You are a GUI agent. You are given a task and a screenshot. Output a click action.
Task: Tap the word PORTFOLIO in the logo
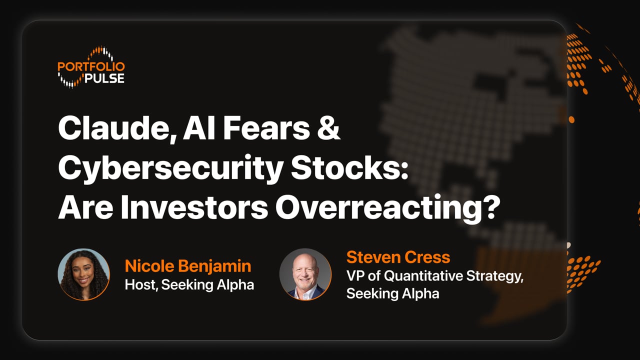91,67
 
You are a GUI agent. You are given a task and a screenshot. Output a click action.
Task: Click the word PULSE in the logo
104,78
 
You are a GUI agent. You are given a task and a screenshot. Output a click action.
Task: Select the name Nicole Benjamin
188,266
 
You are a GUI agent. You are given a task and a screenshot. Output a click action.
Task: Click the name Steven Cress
398,257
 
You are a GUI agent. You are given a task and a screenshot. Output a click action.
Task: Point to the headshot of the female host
83,274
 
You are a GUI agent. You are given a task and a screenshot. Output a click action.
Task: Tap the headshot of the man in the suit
305,274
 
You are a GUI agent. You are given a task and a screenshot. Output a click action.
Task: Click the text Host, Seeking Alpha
189,285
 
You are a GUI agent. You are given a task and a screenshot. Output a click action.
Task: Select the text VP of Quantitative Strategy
434,276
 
